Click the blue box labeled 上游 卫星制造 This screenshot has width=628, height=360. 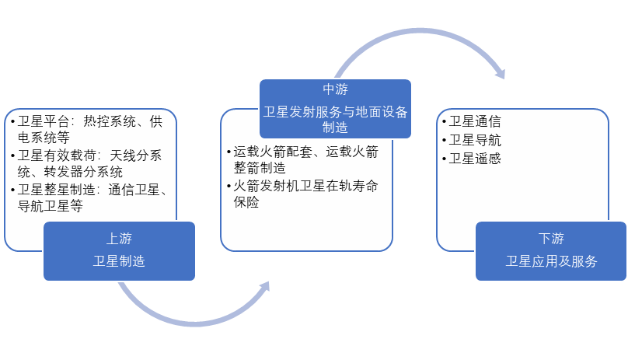(119, 250)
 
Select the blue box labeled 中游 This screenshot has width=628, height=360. (335, 109)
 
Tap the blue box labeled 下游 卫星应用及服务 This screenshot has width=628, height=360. (551, 250)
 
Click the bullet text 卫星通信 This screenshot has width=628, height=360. (475, 121)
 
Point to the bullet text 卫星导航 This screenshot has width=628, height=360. (475, 140)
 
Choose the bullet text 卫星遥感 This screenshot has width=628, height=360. (475, 159)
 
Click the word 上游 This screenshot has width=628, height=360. (119, 239)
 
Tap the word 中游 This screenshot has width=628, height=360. (335, 88)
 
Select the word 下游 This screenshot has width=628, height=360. (551, 239)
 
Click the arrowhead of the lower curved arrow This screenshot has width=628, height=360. (263, 288)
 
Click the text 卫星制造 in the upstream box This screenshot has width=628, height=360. (119, 261)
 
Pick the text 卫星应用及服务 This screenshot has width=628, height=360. (551, 261)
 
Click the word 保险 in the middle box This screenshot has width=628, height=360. (247, 202)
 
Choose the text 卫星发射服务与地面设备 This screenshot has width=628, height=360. (335, 111)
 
